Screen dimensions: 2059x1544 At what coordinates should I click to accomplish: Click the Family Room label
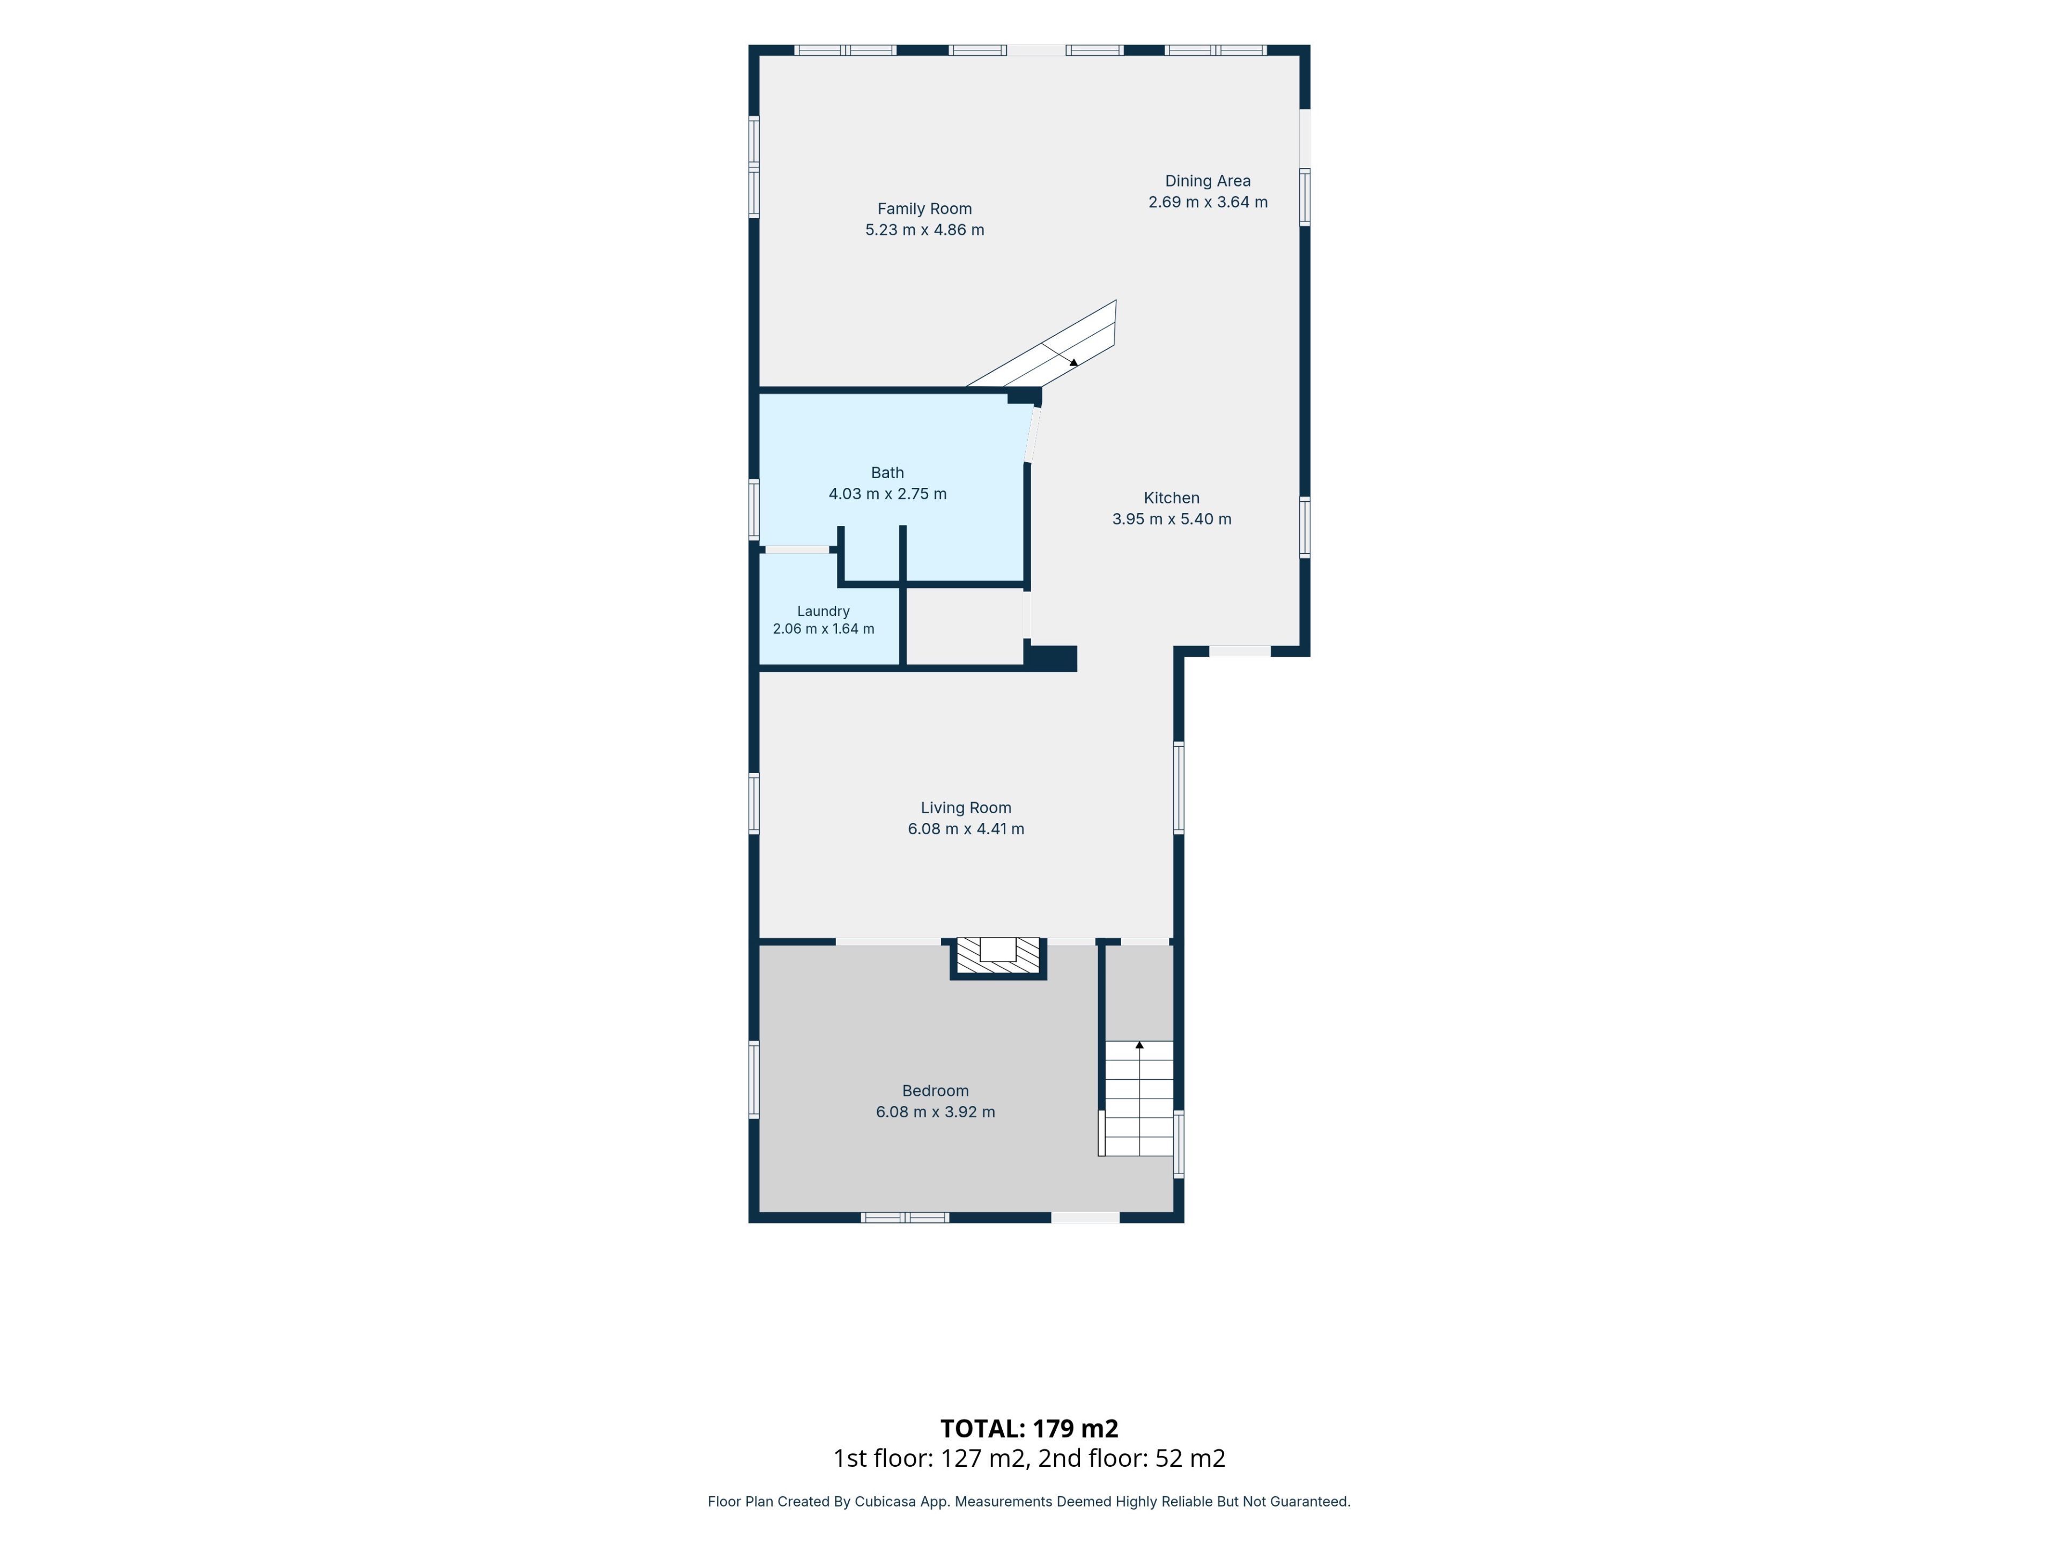point(924,209)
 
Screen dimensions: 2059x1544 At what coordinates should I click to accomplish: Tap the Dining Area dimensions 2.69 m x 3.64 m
point(1208,202)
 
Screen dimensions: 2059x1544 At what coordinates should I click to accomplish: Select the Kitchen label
point(1171,498)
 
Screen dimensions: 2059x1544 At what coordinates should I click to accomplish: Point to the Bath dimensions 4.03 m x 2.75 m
point(887,494)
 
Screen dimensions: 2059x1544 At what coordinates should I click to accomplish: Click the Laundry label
point(823,612)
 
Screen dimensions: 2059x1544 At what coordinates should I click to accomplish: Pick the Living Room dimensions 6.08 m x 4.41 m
point(965,829)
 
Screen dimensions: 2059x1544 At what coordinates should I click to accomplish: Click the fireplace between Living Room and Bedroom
point(998,957)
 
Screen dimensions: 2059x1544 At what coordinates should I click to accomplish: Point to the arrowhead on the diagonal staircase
point(1074,362)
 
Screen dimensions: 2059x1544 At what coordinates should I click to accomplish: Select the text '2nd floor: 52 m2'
point(1132,1458)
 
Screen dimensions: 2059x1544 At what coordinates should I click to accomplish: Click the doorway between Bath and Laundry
point(798,550)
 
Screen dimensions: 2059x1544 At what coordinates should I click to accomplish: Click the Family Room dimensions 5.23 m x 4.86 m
point(924,230)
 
